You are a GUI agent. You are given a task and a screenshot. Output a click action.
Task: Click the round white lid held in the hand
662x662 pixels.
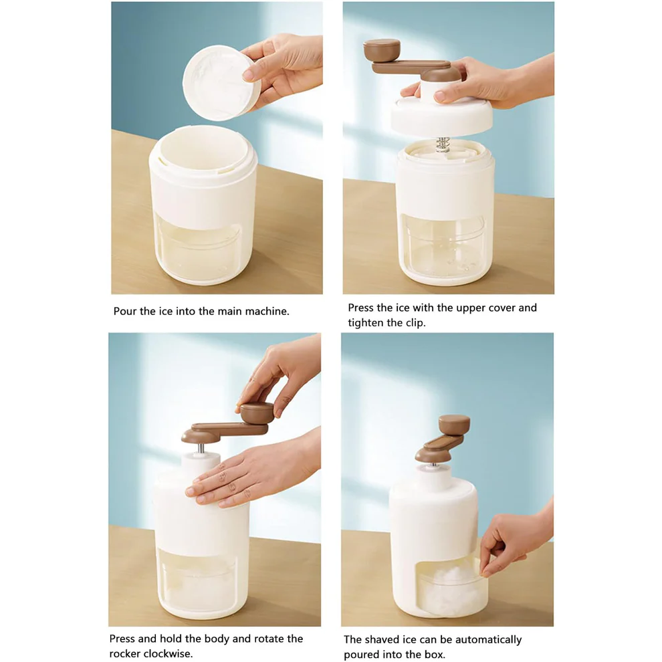pos(217,83)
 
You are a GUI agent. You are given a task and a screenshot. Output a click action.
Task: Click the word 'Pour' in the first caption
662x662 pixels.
pos(125,312)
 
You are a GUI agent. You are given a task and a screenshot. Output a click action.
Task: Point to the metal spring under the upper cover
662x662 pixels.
pos(443,143)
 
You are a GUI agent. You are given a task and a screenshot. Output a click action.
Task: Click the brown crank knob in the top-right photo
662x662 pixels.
pos(381,48)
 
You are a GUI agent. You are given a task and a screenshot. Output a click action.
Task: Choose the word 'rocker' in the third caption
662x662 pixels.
pos(126,654)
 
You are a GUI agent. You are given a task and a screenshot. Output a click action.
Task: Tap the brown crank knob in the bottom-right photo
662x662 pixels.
pos(454,424)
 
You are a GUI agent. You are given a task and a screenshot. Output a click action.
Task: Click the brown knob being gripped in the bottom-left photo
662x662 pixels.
pos(255,411)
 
